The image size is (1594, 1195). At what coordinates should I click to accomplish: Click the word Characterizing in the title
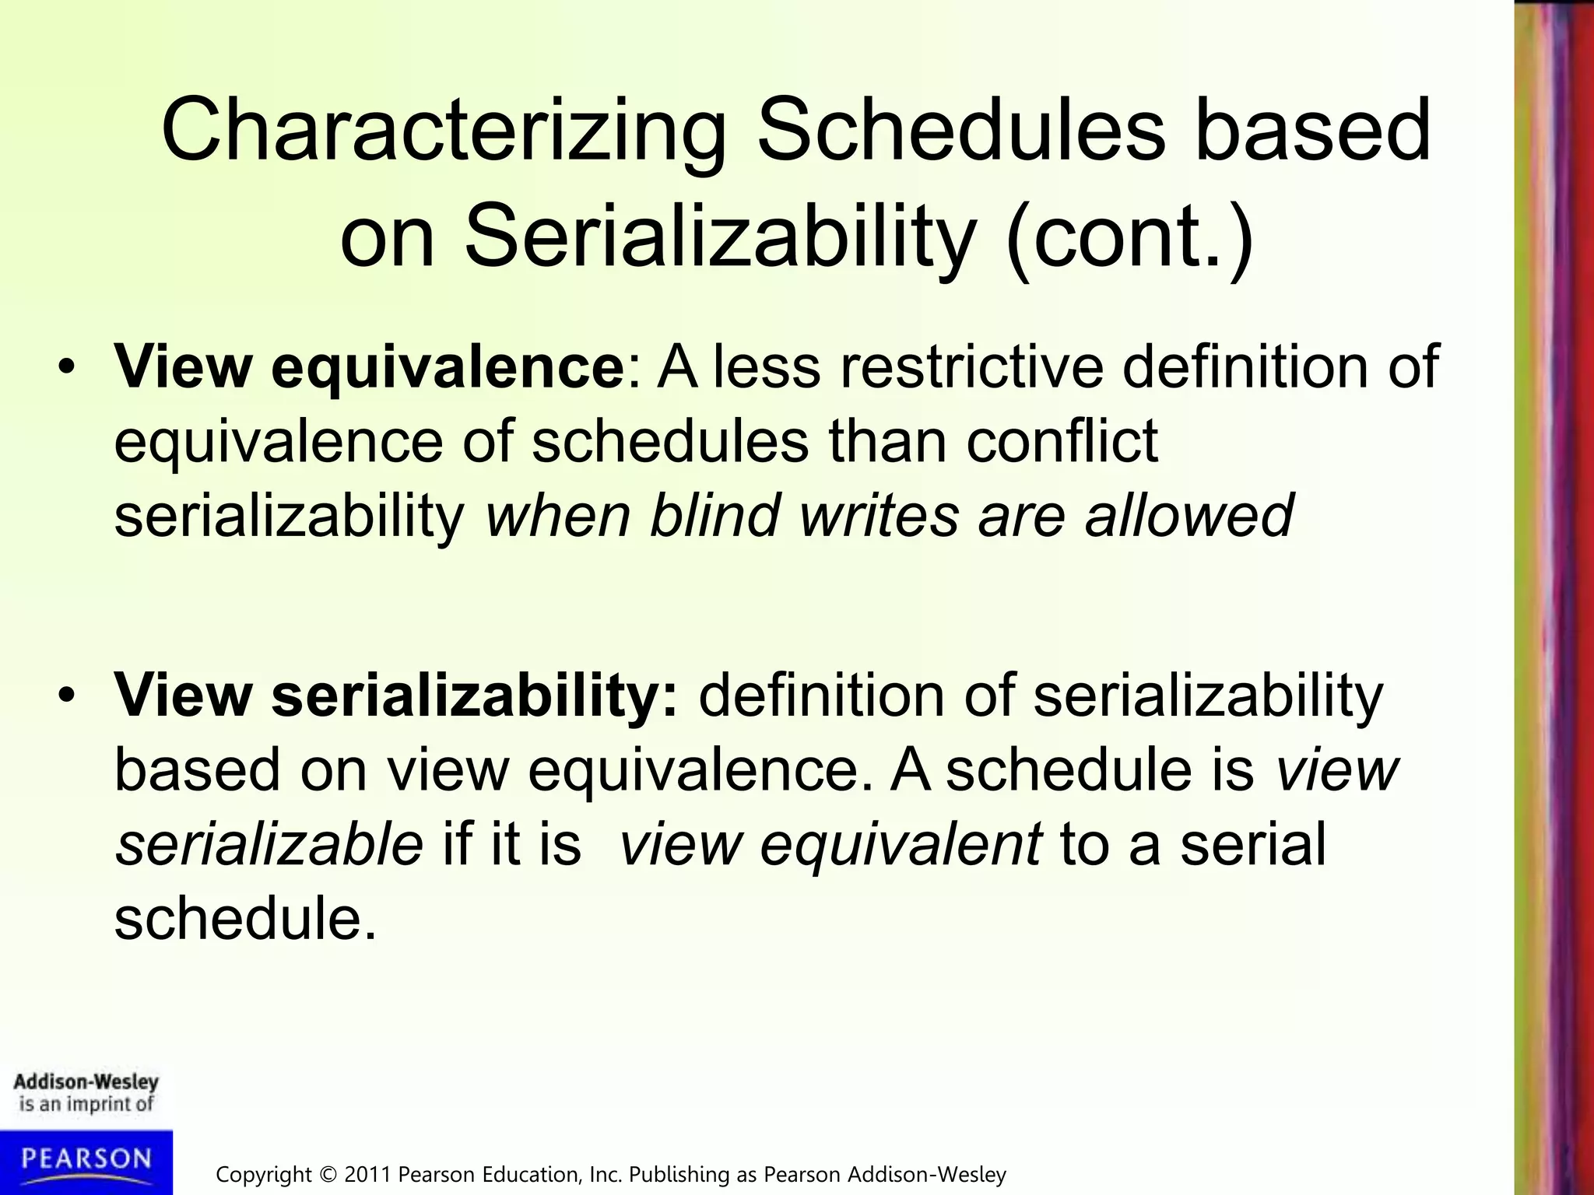(x=444, y=132)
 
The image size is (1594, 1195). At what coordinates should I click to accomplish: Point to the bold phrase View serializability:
(x=397, y=695)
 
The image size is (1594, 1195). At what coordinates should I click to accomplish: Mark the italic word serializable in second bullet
(x=269, y=845)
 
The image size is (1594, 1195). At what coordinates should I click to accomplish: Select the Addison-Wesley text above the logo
(x=86, y=1082)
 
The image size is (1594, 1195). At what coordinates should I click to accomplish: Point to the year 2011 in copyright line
(x=368, y=1174)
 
